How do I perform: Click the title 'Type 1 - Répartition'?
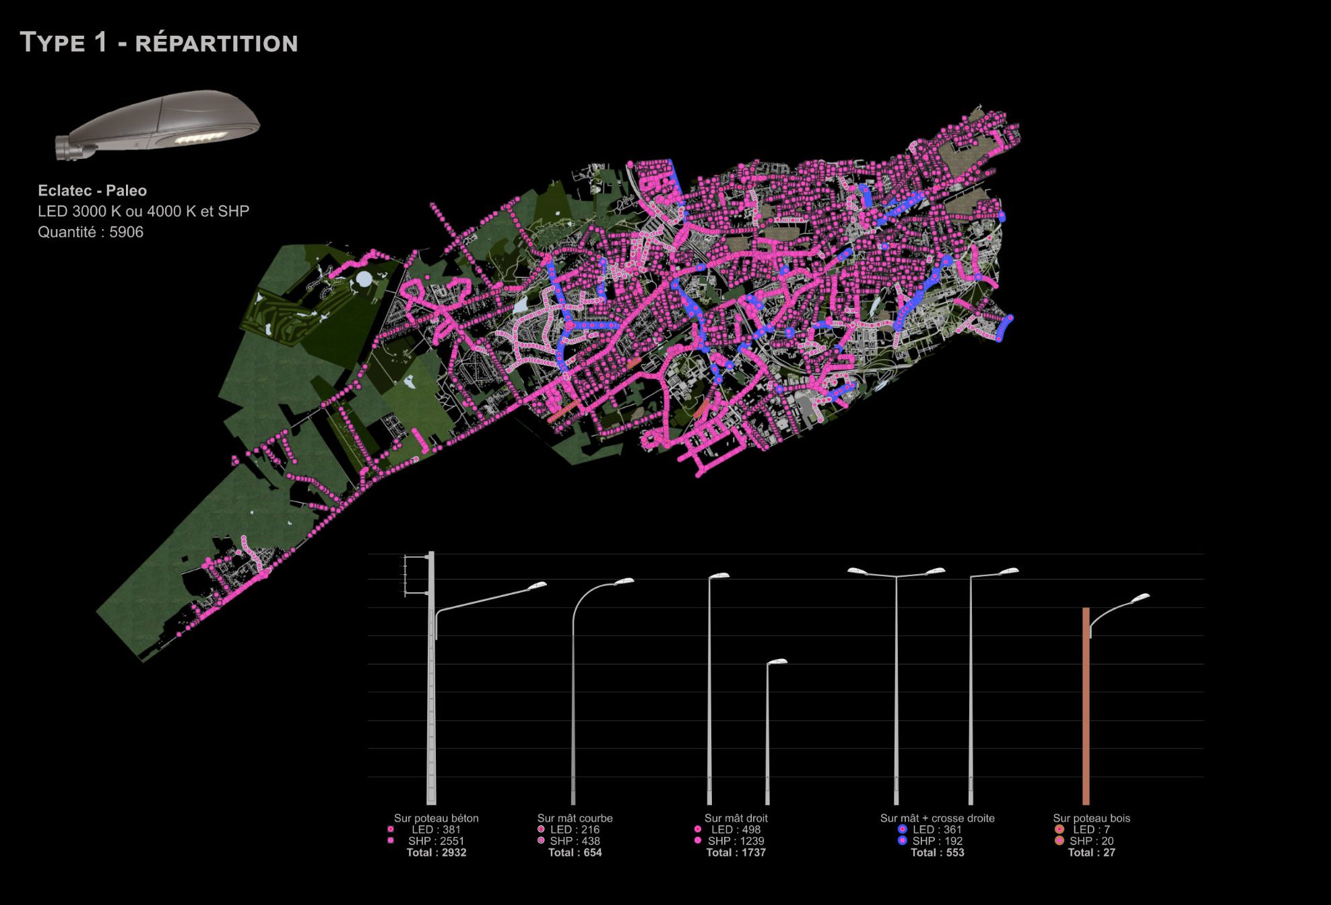coord(159,42)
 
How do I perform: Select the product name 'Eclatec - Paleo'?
coord(92,191)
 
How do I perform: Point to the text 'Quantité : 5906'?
coord(90,232)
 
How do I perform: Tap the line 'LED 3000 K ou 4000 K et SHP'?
coord(143,212)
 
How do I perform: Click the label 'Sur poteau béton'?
coord(436,818)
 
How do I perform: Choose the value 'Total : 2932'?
coord(436,852)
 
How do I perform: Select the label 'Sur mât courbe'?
coord(575,818)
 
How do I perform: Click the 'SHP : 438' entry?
coord(575,841)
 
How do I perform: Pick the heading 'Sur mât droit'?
coord(736,818)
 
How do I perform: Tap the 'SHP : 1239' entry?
coord(736,841)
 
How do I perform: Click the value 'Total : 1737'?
coord(736,852)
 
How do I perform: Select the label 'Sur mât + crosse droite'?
coord(937,818)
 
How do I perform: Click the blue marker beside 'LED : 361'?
coord(902,830)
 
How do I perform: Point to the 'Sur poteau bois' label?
coord(1091,818)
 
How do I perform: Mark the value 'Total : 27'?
coord(1091,852)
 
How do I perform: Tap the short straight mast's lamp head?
coord(777,662)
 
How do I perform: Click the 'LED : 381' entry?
coord(436,830)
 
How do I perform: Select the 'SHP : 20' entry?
coord(1091,841)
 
